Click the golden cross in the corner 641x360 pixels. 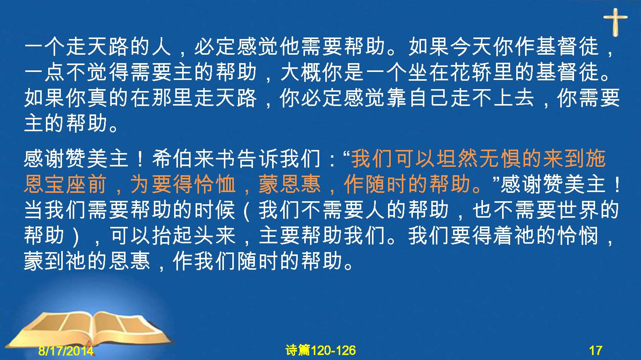tap(615, 22)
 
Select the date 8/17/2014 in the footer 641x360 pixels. tap(66, 350)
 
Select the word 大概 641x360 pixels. tap(301, 72)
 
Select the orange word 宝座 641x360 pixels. tap(65, 184)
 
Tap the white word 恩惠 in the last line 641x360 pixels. tap(130, 261)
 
